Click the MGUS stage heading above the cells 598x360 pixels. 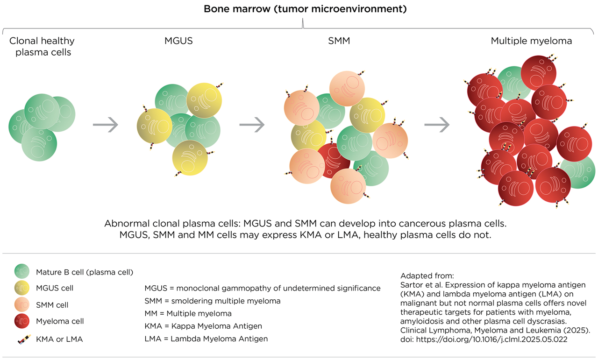click(x=178, y=41)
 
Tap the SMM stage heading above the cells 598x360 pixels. click(x=339, y=41)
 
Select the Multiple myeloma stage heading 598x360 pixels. click(x=531, y=41)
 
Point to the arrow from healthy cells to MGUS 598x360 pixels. click(x=106, y=125)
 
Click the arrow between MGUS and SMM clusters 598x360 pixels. click(x=252, y=125)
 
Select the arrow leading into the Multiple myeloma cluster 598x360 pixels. click(x=437, y=125)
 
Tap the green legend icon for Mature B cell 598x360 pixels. click(x=22, y=271)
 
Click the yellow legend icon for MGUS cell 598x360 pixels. click(x=22, y=288)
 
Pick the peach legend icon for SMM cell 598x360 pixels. click(x=22, y=304)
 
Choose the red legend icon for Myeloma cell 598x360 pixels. click(x=22, y=321)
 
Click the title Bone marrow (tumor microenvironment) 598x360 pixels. click(x=304, y=9)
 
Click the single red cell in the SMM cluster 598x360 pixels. click(x=333, y=159)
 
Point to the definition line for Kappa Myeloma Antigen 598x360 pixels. click(x=204, y=326)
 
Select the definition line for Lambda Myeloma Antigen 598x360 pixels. click(x=206, y=339)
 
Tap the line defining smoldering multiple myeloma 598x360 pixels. click(x=213, y=301)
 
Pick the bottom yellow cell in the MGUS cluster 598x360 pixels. click(x=190, y=157)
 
